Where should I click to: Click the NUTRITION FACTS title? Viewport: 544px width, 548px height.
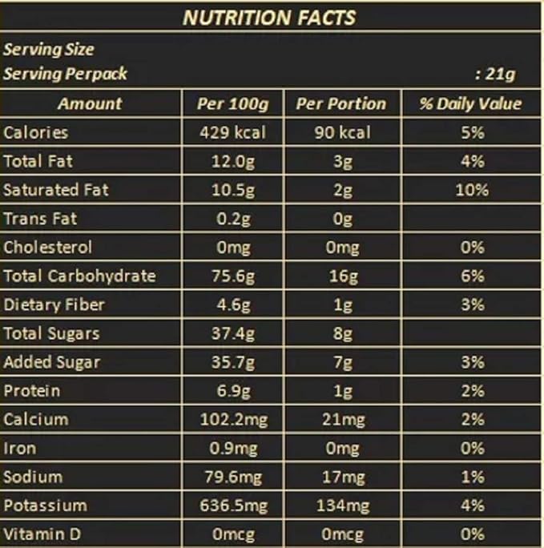(269, 17)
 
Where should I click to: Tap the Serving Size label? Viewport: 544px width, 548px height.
(49, 50)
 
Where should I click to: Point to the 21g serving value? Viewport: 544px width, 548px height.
(497, 75)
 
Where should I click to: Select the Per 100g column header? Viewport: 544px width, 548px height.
(232, 103)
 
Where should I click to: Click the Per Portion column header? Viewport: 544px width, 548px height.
(341, 103)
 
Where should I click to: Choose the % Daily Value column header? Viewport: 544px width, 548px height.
(471, 103)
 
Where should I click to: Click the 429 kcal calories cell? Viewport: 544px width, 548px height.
(232, 132)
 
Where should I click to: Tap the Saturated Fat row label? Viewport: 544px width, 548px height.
(56, 190)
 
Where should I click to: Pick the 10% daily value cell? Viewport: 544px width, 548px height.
(473, 190)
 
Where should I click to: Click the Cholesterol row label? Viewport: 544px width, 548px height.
(48, 248)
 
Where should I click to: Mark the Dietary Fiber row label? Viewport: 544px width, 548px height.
(54, 305)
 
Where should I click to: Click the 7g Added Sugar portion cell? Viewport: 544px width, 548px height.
(342, 362)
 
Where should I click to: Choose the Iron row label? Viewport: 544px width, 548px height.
(20, 449)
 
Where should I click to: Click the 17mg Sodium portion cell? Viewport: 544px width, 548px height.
(342, 477)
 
